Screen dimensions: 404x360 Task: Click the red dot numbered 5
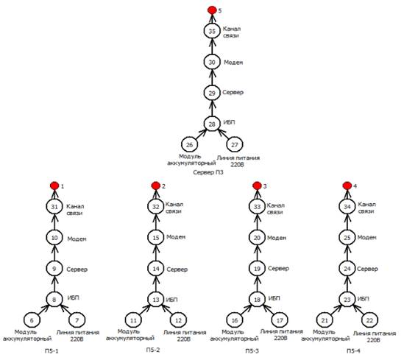(x=212, y=10)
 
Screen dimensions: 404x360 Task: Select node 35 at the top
(x=212, y=31)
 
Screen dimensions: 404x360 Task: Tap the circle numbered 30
(x=212, y=62)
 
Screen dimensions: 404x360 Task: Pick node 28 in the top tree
(x=212, y=124)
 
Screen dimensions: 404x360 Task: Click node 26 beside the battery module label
(x=189, y=144)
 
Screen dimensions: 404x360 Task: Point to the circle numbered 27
(x=235, y=144)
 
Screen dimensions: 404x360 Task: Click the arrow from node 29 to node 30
(x=212, y=77)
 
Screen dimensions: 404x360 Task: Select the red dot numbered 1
(x=54, y=186)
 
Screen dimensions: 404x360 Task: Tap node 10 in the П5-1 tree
(x=54, y=238)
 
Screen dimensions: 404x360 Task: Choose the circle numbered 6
(x=32, y=320)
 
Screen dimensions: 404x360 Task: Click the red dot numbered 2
(x=156, y=186)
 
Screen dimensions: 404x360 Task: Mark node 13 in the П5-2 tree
(x=156, y=300)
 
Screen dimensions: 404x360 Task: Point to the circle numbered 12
(x=178, y=320)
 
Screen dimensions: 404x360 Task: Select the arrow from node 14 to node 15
(x=156, y=253)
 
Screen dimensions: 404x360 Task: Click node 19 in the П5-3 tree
(x=257, y=269)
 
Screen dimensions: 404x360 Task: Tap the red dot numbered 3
(x=257, y=186)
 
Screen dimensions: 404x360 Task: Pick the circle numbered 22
(x=369, y=320)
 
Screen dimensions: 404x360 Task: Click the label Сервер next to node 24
(x=367, y=269)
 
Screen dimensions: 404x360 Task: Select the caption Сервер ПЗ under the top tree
(x=208, y=172)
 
